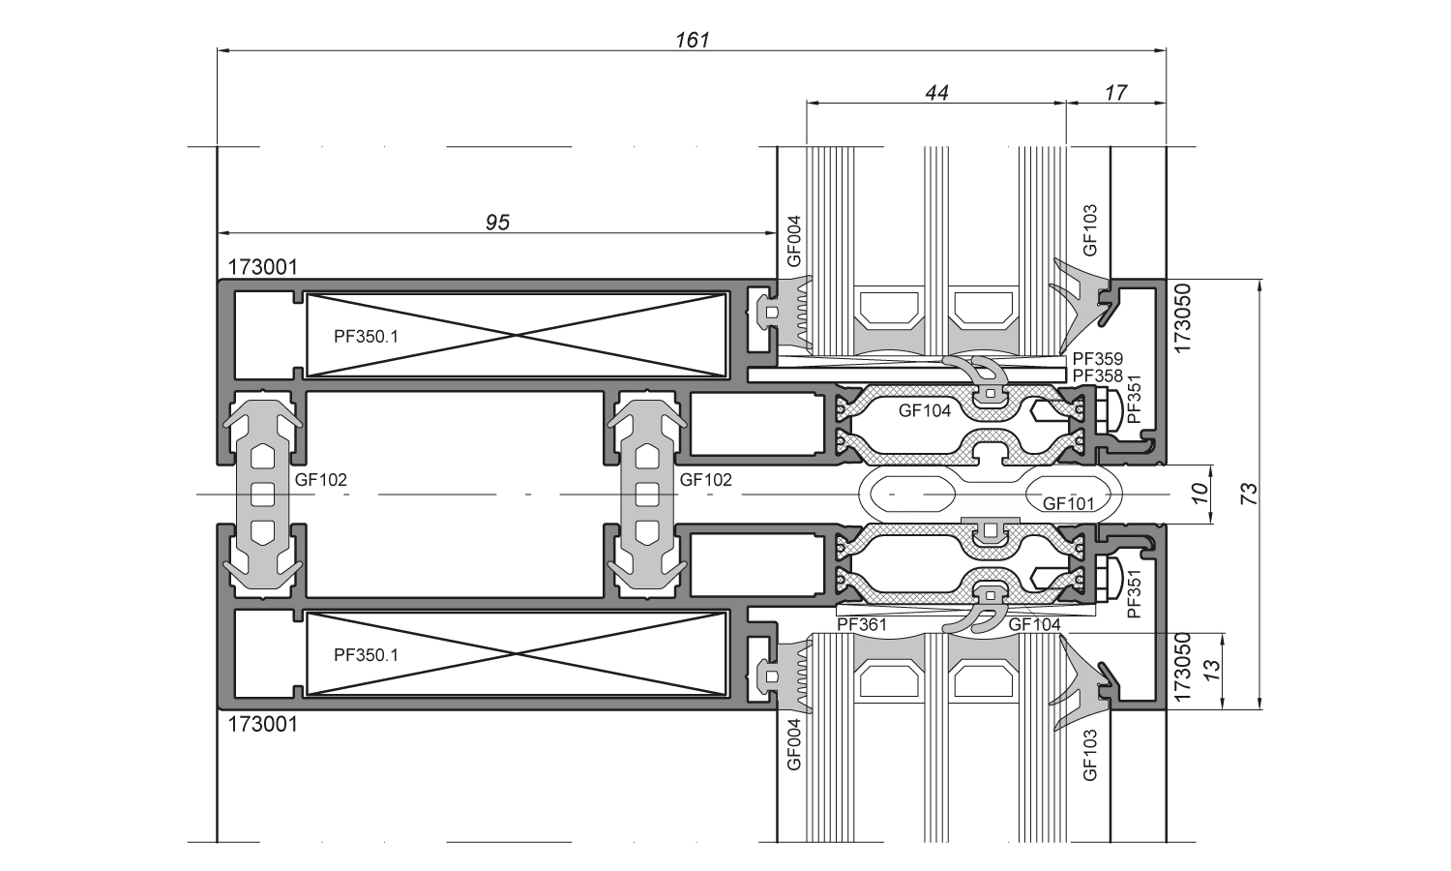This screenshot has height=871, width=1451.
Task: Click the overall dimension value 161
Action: pyautogui.click(x=693, y=40)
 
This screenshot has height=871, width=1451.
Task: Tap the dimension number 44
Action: pyautogui.click(x=936, y=93)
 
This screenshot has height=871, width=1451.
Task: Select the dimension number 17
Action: pyautogui.click(x=1115, y=93)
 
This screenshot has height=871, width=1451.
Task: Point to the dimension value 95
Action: pyautogui.click(x=497, y=223)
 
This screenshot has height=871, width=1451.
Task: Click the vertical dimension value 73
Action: pyautogui.click(x=1249, y=494)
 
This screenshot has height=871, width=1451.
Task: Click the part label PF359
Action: pyautogui.click(x=1098, y=360)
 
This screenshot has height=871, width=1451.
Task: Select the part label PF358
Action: pyautogui.click(x=1098, y=375)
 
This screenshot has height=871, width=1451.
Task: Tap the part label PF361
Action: pyautogui.click(x=862, y=625)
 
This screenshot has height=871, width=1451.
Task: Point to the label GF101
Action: pyautogui.click(x=1068, y=503)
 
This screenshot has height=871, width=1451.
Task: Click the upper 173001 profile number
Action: pyautogui.click(x=263, y=266)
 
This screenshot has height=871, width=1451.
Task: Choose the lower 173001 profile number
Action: pyautogui.click(x=263, y=724)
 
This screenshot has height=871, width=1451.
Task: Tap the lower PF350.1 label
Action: pyautogui.click(x=366, y=655)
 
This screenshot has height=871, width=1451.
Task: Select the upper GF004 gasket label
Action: pyautogui.click(x=793, y=240)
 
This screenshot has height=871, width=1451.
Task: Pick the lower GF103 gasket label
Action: pyautogui.click(x=1090, y=755)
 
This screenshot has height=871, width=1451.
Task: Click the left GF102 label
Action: pyautogui.click(x=321, y=479)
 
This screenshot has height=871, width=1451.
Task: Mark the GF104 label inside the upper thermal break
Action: pyautogui.click(x=925, y=410)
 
